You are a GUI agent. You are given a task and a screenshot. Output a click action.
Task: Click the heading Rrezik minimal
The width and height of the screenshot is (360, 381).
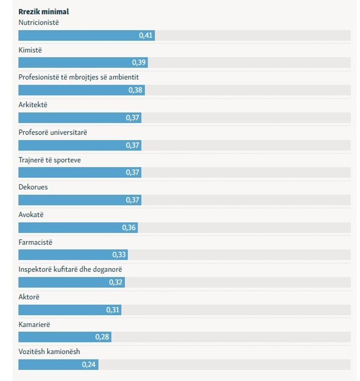44,12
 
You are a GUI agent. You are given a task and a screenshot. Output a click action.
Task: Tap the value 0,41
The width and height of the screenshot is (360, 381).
145,36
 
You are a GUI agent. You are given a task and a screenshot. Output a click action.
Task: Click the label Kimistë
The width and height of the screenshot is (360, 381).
30,50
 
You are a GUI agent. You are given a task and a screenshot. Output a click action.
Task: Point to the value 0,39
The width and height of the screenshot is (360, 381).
139,62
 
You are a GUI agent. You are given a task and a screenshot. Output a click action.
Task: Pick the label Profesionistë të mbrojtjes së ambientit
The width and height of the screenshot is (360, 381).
79,77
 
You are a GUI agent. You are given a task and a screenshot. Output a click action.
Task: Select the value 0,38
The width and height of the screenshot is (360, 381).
135,90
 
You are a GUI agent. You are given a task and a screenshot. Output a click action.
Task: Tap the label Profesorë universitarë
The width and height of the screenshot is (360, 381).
53,132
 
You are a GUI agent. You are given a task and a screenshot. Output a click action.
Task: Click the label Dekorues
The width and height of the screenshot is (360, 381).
33,187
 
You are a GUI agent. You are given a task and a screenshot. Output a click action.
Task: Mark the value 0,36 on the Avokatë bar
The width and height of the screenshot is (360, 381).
129,228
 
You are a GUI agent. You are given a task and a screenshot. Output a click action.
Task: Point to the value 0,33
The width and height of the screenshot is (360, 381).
119,255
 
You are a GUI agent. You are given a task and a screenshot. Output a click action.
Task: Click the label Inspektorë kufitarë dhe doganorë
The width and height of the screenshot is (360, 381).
70,269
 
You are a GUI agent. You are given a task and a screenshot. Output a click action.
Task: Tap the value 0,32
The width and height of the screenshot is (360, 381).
116,282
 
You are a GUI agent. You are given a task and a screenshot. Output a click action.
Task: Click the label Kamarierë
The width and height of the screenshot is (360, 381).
34,324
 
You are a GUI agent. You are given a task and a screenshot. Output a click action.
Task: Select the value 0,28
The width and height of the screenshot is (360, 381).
102,337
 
